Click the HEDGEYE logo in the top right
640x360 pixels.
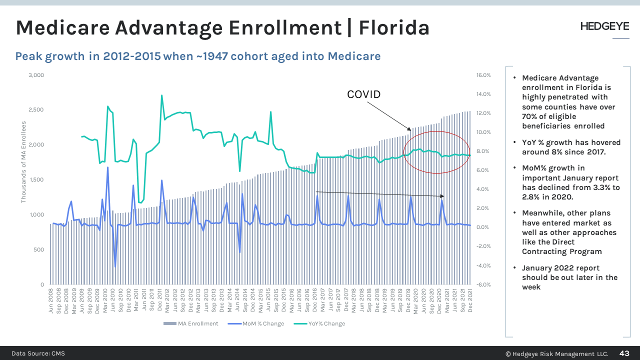coord(604,26)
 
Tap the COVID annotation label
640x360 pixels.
coord(363,94)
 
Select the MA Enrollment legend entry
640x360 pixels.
coord(191,323)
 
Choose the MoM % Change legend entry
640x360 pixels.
coord(256,323)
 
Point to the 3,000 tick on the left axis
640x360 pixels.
coord(36,75)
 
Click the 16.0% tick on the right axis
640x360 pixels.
coord(483,75)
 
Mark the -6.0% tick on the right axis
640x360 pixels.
coord(483,284)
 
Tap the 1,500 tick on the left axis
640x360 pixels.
coord(36,179)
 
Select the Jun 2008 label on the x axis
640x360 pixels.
coord(51,301)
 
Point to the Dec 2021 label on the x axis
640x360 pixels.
coord(470,301)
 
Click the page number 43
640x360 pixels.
coord(624,353)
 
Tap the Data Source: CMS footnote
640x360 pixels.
coord(38,353)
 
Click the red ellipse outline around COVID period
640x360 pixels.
coord(404,152)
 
